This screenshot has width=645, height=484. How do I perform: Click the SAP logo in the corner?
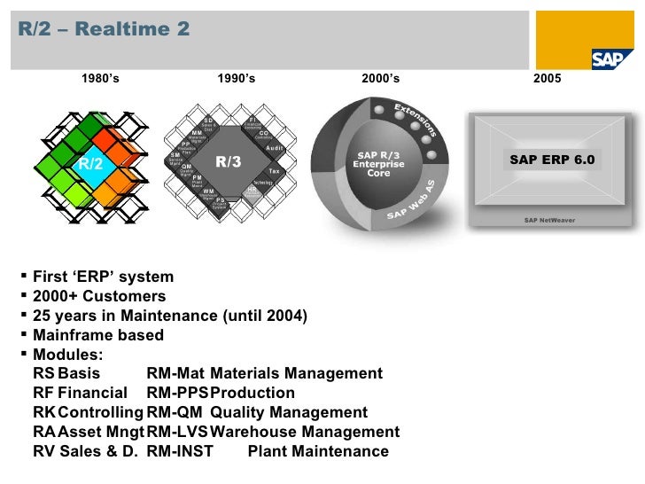(x=612, y=58)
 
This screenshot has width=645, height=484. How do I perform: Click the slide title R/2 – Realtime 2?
(x=105, y=29)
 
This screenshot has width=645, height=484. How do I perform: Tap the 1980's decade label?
(x=100, y=79)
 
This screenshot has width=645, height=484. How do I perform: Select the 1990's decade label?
(x=236, y=79)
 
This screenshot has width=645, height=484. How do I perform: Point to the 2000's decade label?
(x=381, y=79)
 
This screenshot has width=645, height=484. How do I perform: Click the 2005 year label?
(x=547, y=79)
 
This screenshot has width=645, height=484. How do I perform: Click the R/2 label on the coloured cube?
(x=90, y=164)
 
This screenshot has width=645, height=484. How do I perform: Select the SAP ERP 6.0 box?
(x=553, y=160)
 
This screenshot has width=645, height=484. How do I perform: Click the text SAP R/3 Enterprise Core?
(x=378, y=164)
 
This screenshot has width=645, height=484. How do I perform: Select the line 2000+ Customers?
(x=98, y=296)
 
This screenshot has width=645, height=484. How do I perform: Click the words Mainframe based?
(x=97, y=335)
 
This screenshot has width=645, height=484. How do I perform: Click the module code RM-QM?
(x=175, y=413)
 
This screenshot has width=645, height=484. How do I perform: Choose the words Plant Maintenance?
(x=318, y=452)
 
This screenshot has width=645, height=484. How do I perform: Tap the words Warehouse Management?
(x=305, y=433)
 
